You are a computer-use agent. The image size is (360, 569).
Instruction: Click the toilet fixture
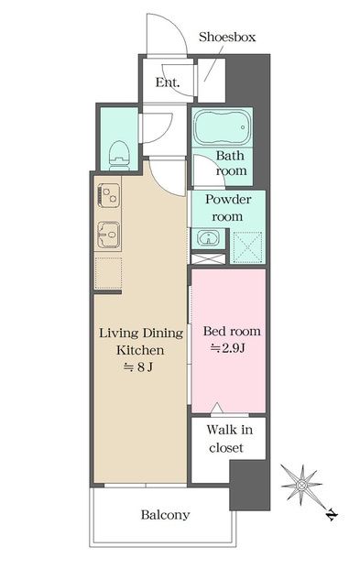[119, 156]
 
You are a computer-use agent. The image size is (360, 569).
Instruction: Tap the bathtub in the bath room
[222, 127]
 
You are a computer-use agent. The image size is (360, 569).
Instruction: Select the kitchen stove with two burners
[108, 195]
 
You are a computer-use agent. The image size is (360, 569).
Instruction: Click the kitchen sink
[108, 235]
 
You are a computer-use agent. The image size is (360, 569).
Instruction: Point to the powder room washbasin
[208, 238]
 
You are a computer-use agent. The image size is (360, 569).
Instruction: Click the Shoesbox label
[227, 37]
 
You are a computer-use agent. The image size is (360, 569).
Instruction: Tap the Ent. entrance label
[168, 82]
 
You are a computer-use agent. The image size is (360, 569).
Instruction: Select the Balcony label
[165, 515]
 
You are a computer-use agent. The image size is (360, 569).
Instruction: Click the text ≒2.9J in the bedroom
[228, 348]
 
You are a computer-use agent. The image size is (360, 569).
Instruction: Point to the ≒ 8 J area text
[138, 367]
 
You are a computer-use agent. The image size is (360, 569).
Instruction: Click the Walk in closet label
[229, 439]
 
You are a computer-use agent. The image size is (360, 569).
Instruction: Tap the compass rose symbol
[301, 485]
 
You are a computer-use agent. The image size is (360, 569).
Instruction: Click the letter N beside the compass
[332, 515]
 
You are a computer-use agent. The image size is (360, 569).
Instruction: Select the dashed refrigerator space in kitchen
[108, 272]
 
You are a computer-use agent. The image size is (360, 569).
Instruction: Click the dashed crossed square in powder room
[247, 247]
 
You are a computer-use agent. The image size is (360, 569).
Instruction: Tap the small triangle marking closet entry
[217, 408]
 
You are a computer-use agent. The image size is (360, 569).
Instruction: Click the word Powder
[228, 199]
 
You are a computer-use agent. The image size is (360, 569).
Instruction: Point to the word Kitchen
[140, 351]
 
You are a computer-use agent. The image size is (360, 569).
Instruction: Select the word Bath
[230, 156]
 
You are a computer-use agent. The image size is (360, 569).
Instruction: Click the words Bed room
[232, 331]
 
